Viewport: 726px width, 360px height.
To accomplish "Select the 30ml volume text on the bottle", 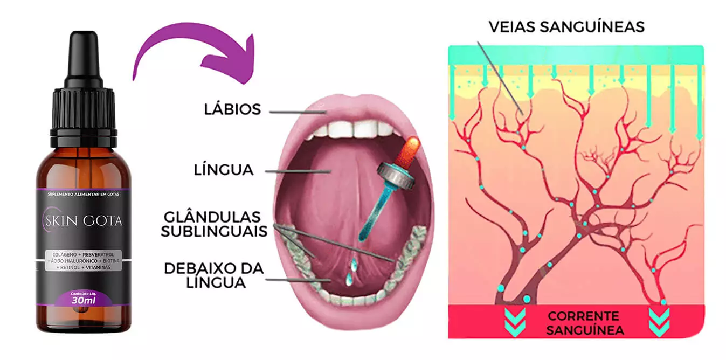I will click(84, 300).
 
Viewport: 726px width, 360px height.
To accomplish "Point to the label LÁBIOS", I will click(232, 109).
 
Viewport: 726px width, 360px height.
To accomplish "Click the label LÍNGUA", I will click(224, 170).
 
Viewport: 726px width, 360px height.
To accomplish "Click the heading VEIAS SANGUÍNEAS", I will click(566, 26).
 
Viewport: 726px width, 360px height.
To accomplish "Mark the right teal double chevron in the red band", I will click(659, 322).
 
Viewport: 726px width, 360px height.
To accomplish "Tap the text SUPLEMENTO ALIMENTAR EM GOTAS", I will click(83, 193).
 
